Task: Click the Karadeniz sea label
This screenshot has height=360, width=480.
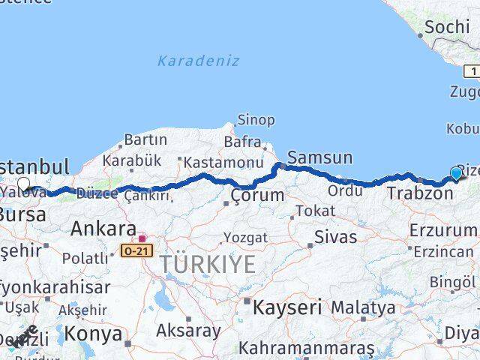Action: [199, 61]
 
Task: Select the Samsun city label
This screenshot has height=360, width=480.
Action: [320, 157]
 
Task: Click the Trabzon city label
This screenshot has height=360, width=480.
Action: [420, 193]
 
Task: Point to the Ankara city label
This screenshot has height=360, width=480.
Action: [103, 229]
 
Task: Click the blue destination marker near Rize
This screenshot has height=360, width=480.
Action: [456, 174]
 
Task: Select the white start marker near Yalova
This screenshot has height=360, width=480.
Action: [24, 184]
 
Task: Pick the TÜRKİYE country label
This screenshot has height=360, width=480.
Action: [206, 264]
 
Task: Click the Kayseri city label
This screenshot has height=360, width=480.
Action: [287, 307]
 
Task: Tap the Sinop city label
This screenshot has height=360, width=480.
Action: [256, 120]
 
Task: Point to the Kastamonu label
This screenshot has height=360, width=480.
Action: [223, 162]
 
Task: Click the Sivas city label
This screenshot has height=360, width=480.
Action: [335, 237]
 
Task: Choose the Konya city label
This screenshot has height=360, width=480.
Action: [93, 332]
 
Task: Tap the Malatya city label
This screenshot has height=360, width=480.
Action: [363, 307]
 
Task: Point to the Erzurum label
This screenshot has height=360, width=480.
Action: [443, 229]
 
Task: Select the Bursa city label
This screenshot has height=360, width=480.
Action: [22, 214]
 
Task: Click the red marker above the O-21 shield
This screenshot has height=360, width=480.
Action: [141, 238]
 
